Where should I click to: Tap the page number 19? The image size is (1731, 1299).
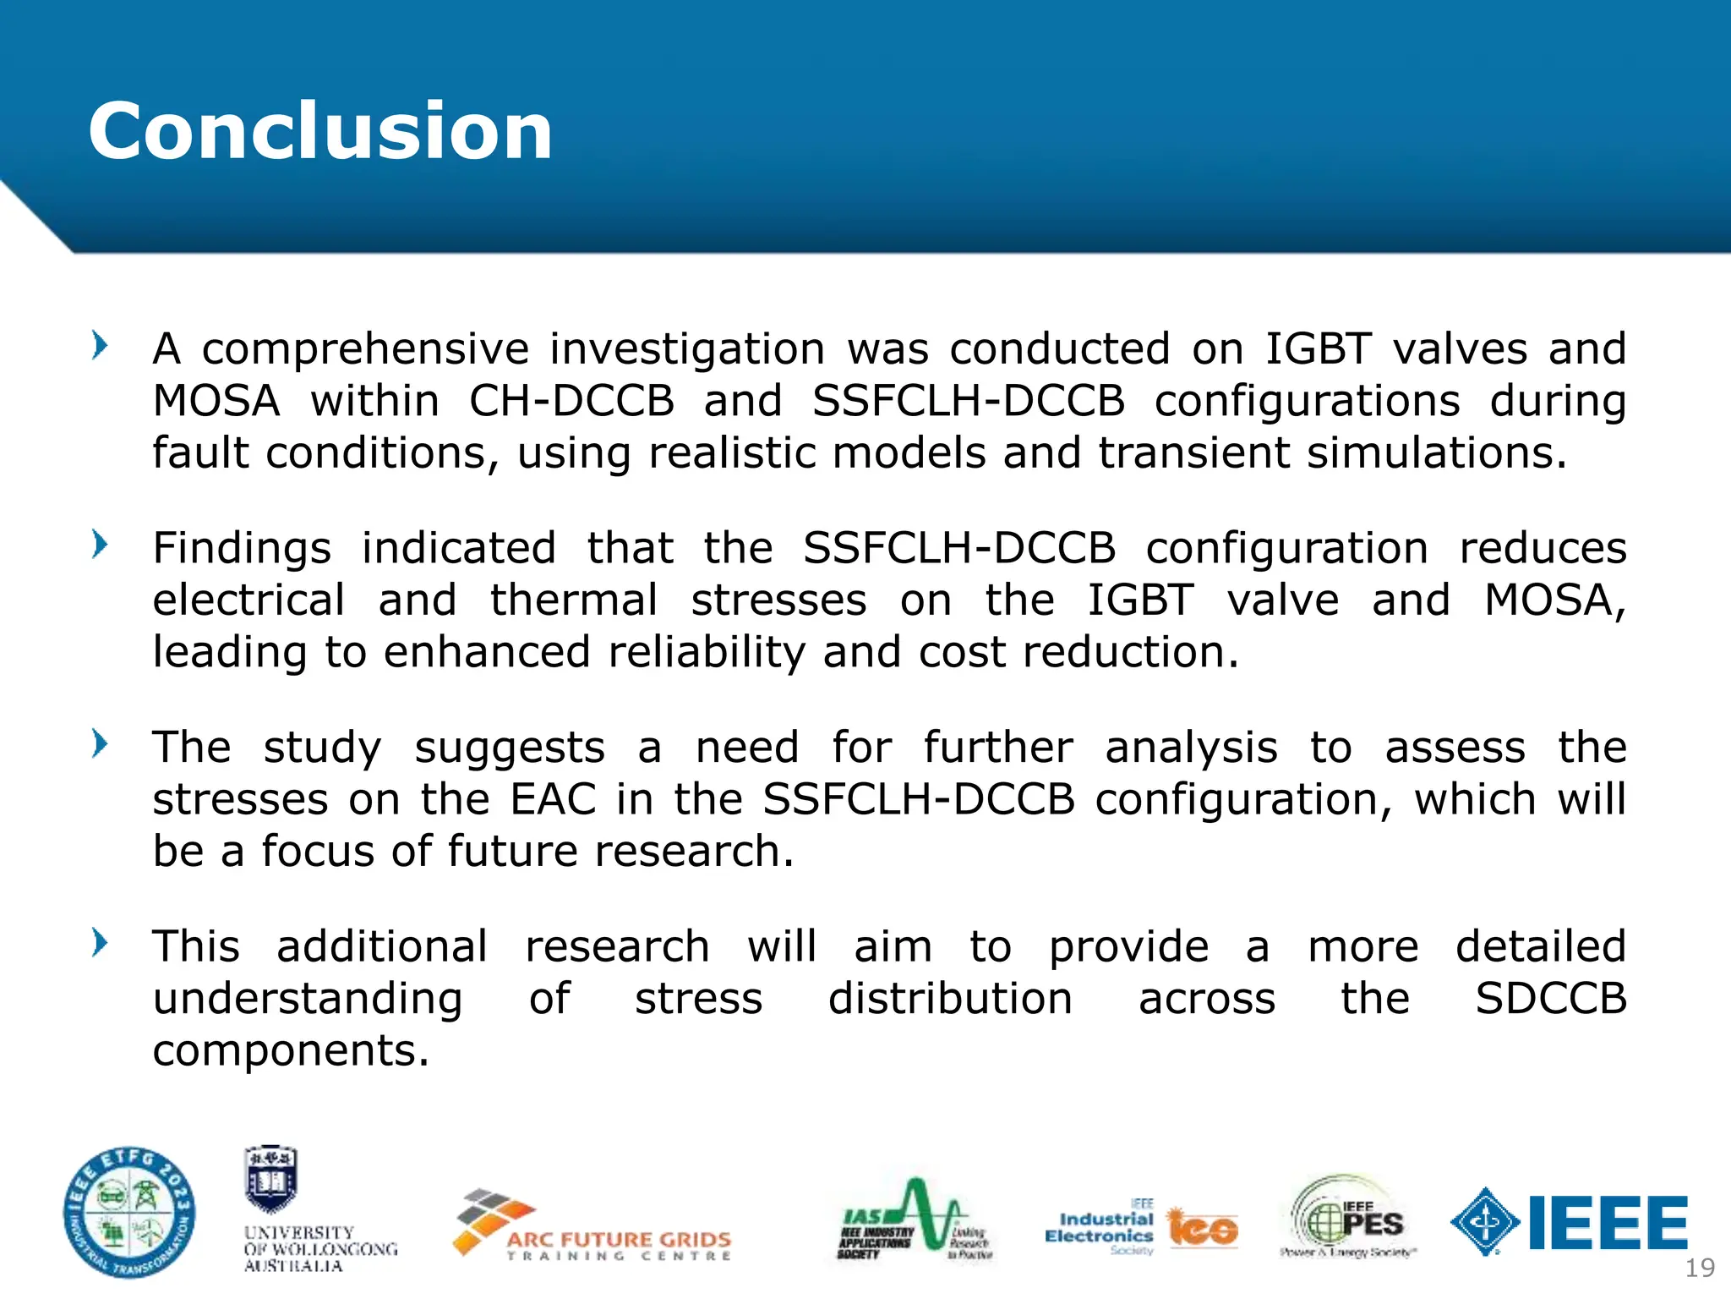click(1699, 1268)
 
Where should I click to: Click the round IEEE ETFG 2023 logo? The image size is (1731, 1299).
click(129, 1212)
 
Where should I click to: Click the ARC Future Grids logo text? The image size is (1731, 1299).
click(619, 1240)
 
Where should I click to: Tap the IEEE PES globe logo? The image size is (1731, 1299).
click(1348, 1218)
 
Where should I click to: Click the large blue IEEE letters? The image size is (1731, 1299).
click(1608, 1223)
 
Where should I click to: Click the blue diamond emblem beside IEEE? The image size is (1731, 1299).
click(1485, 1222)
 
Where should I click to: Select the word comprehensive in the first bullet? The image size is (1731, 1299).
click(365, 350)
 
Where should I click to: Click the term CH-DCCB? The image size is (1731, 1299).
click(571, 401)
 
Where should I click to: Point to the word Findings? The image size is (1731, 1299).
click(242, 549)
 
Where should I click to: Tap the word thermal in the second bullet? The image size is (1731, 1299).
click(574, 600)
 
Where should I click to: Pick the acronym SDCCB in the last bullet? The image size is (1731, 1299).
click(1550, 999)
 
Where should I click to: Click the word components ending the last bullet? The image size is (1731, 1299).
click(290, 1051)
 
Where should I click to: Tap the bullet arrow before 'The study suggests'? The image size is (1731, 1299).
click(100, 744)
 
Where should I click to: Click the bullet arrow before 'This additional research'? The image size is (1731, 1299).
click(100, 943)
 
